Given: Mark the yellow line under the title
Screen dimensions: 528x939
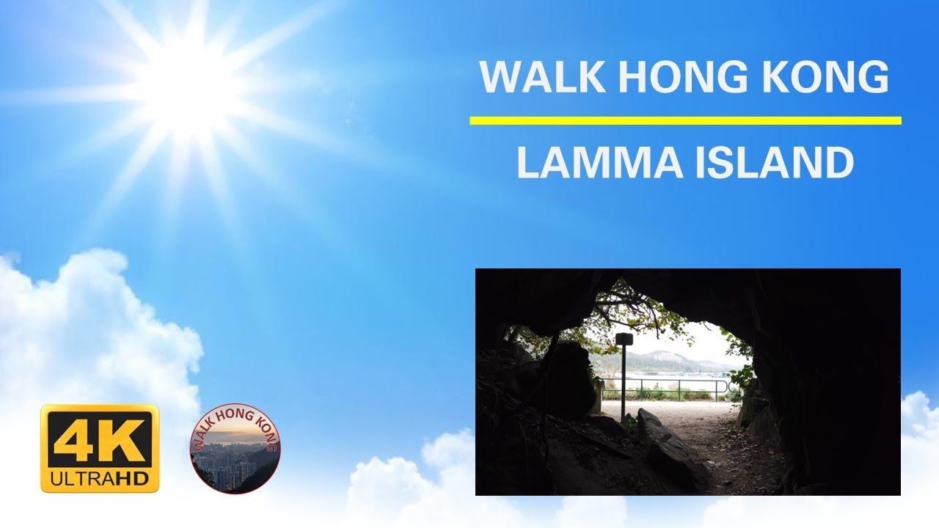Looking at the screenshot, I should [685, 120].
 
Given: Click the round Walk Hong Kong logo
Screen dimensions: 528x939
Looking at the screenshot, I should [235, 448].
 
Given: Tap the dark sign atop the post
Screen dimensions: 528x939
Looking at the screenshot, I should [624, 339].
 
